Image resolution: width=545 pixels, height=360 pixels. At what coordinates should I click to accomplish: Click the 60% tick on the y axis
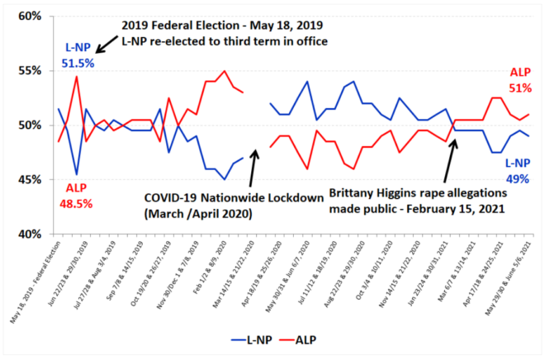point(30,16)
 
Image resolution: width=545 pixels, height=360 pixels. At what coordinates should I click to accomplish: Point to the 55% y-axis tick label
point(30,70)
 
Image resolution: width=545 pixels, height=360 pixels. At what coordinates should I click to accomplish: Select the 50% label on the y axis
point(30,125)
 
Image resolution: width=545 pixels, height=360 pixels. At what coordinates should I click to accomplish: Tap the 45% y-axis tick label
point(30,179)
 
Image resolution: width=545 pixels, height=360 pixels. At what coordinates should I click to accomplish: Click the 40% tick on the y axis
point(30,234)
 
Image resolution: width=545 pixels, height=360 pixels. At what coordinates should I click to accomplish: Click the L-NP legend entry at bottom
point(255,339)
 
